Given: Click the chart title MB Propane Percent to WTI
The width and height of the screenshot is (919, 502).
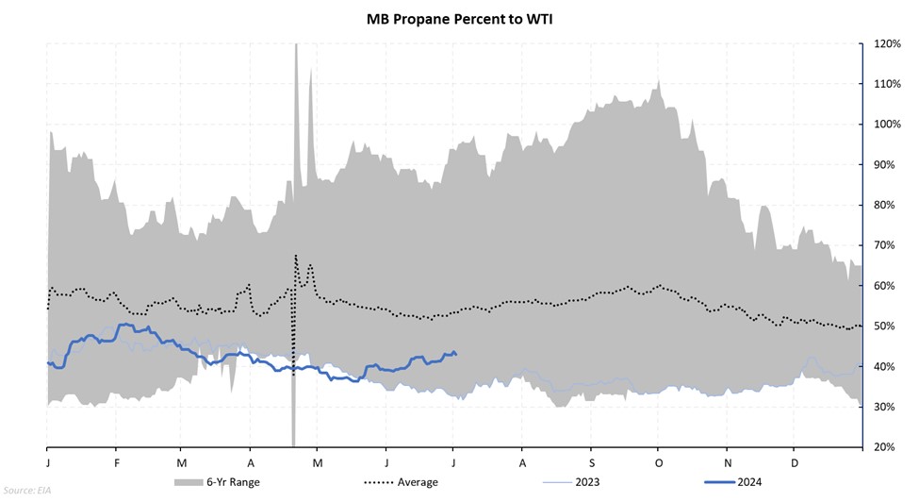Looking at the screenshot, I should click(459, 18).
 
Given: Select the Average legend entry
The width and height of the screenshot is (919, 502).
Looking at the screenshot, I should click(416, 482).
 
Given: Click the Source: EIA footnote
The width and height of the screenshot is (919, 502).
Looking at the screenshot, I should click(29, 491).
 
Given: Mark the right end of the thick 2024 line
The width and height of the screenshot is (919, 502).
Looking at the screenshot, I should click(456, 354).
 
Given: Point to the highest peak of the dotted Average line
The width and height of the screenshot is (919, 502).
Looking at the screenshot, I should click(296, 256).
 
